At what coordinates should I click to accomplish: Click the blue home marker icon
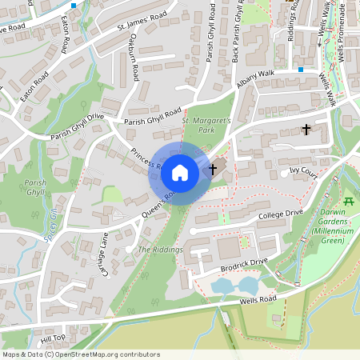180,172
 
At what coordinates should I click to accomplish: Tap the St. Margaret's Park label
206,124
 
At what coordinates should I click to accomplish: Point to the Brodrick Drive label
246,262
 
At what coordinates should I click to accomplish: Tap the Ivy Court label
304,171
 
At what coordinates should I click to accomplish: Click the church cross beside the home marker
213,169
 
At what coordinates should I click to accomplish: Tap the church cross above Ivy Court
306,128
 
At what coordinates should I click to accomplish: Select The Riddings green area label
160,250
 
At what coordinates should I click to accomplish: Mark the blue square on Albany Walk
301,69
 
